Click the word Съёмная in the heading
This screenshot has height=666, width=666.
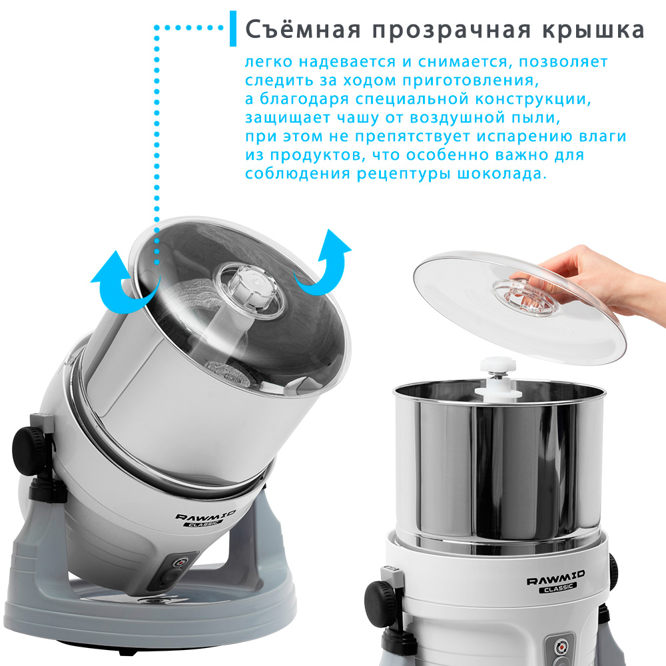click(303, 30)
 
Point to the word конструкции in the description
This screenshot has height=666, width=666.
click(533, 99)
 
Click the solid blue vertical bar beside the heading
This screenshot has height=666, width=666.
click(232, 29)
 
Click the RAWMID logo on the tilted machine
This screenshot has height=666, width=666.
click(205, 519)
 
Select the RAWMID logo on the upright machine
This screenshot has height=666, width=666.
click(556, 581)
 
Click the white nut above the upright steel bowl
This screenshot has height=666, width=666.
click(498, 365)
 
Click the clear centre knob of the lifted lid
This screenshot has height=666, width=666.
click(525, 296)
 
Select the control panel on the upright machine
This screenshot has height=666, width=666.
click(560, 650)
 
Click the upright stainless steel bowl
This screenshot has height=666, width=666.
click(499, 462)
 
